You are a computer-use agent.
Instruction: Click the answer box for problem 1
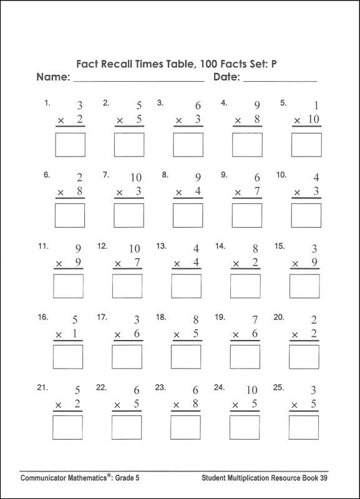(x=71, y=144)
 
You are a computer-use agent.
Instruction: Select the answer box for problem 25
(x=304, y=427)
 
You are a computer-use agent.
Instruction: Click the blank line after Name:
(x=139, y=80)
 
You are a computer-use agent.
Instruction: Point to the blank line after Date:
(x=280, y=80)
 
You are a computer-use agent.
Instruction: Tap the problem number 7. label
(x=105, y=175)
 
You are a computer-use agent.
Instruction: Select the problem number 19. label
(x=220, y=317)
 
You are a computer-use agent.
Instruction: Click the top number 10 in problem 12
(x=135, y=249)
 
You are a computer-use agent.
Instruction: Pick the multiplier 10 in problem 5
(x=313, y=120)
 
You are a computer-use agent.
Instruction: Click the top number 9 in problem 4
(x=256, y=105)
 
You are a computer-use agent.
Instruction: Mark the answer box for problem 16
(x=68, y=357)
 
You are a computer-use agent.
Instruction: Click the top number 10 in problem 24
(x=251, y=390)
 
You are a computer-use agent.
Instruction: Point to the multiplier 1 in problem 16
(x=75, y=334)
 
